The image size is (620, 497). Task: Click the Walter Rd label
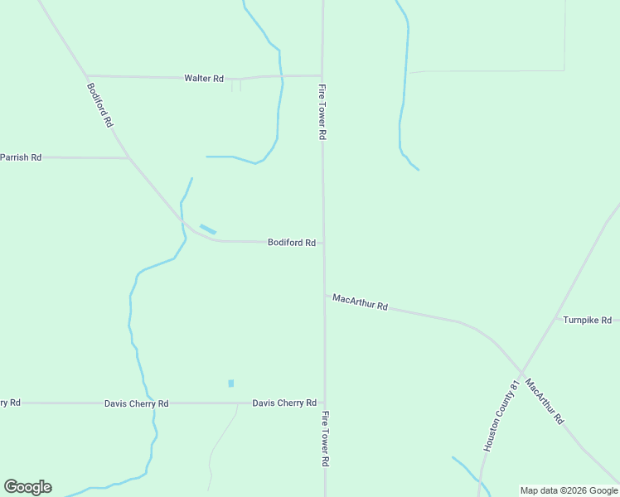(204, 79)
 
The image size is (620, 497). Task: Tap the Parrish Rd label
(21, 157)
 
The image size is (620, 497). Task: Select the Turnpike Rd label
(587, 320)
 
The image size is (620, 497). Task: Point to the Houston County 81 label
(501, 416)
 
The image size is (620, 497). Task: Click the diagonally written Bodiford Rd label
(99, 104)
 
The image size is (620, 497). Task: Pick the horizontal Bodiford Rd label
(291, 243)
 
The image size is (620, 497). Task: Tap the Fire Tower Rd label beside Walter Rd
(323, 111)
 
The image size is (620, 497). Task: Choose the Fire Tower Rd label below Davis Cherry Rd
(326, 439)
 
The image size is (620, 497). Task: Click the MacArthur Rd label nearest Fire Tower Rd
(360, 302)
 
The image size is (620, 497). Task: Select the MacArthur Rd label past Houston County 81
(544, 403)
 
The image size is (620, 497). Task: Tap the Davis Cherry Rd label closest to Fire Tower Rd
(284, 403)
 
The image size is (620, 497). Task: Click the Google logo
(27, 487)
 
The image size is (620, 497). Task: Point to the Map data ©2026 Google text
(569, 490)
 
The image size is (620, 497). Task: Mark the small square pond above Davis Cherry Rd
(230, 384)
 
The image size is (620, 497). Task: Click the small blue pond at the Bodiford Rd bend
(207, 229)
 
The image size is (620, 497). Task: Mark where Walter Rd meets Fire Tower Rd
(322, 75)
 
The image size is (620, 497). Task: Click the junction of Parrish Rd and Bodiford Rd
(128, 157)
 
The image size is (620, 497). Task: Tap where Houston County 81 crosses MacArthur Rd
(521, 372)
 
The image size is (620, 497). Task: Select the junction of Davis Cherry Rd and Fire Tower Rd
(324, 403)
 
